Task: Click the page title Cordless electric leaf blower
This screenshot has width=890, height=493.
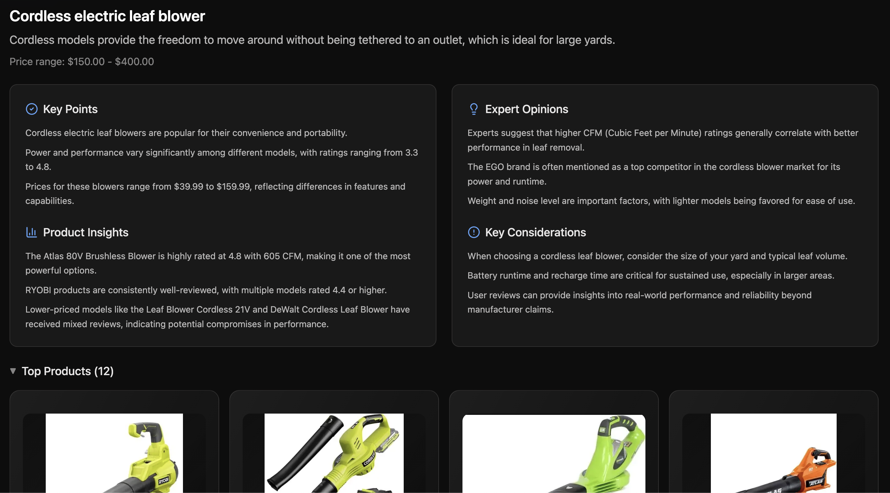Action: [x=107, y=16]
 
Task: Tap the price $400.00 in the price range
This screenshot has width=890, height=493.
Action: [x=134, y=62]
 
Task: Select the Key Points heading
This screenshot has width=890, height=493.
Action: [x=71, y=109]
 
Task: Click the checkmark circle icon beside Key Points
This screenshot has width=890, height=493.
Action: [x=32, y=109]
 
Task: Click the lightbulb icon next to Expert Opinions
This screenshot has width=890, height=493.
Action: [x=474, y=109]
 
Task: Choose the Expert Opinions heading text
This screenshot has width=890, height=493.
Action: [x=527, y=109]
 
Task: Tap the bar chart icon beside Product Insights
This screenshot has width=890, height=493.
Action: [x=31, y=232]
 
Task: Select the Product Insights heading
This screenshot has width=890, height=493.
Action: [x=86, y=233]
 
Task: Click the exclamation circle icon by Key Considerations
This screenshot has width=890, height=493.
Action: [x=474, y=232]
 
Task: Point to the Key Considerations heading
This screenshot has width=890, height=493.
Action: [x=536, y=233]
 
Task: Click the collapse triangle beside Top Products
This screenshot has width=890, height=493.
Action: [x=13, y=371]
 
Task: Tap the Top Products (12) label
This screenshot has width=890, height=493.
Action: [x=68, y=371]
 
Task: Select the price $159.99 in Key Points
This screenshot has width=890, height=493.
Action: [x=233, y=186]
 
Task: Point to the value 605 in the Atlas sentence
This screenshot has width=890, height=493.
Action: [x=272, y=256]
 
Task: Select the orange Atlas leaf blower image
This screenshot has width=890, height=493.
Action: [x=773, y=453]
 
